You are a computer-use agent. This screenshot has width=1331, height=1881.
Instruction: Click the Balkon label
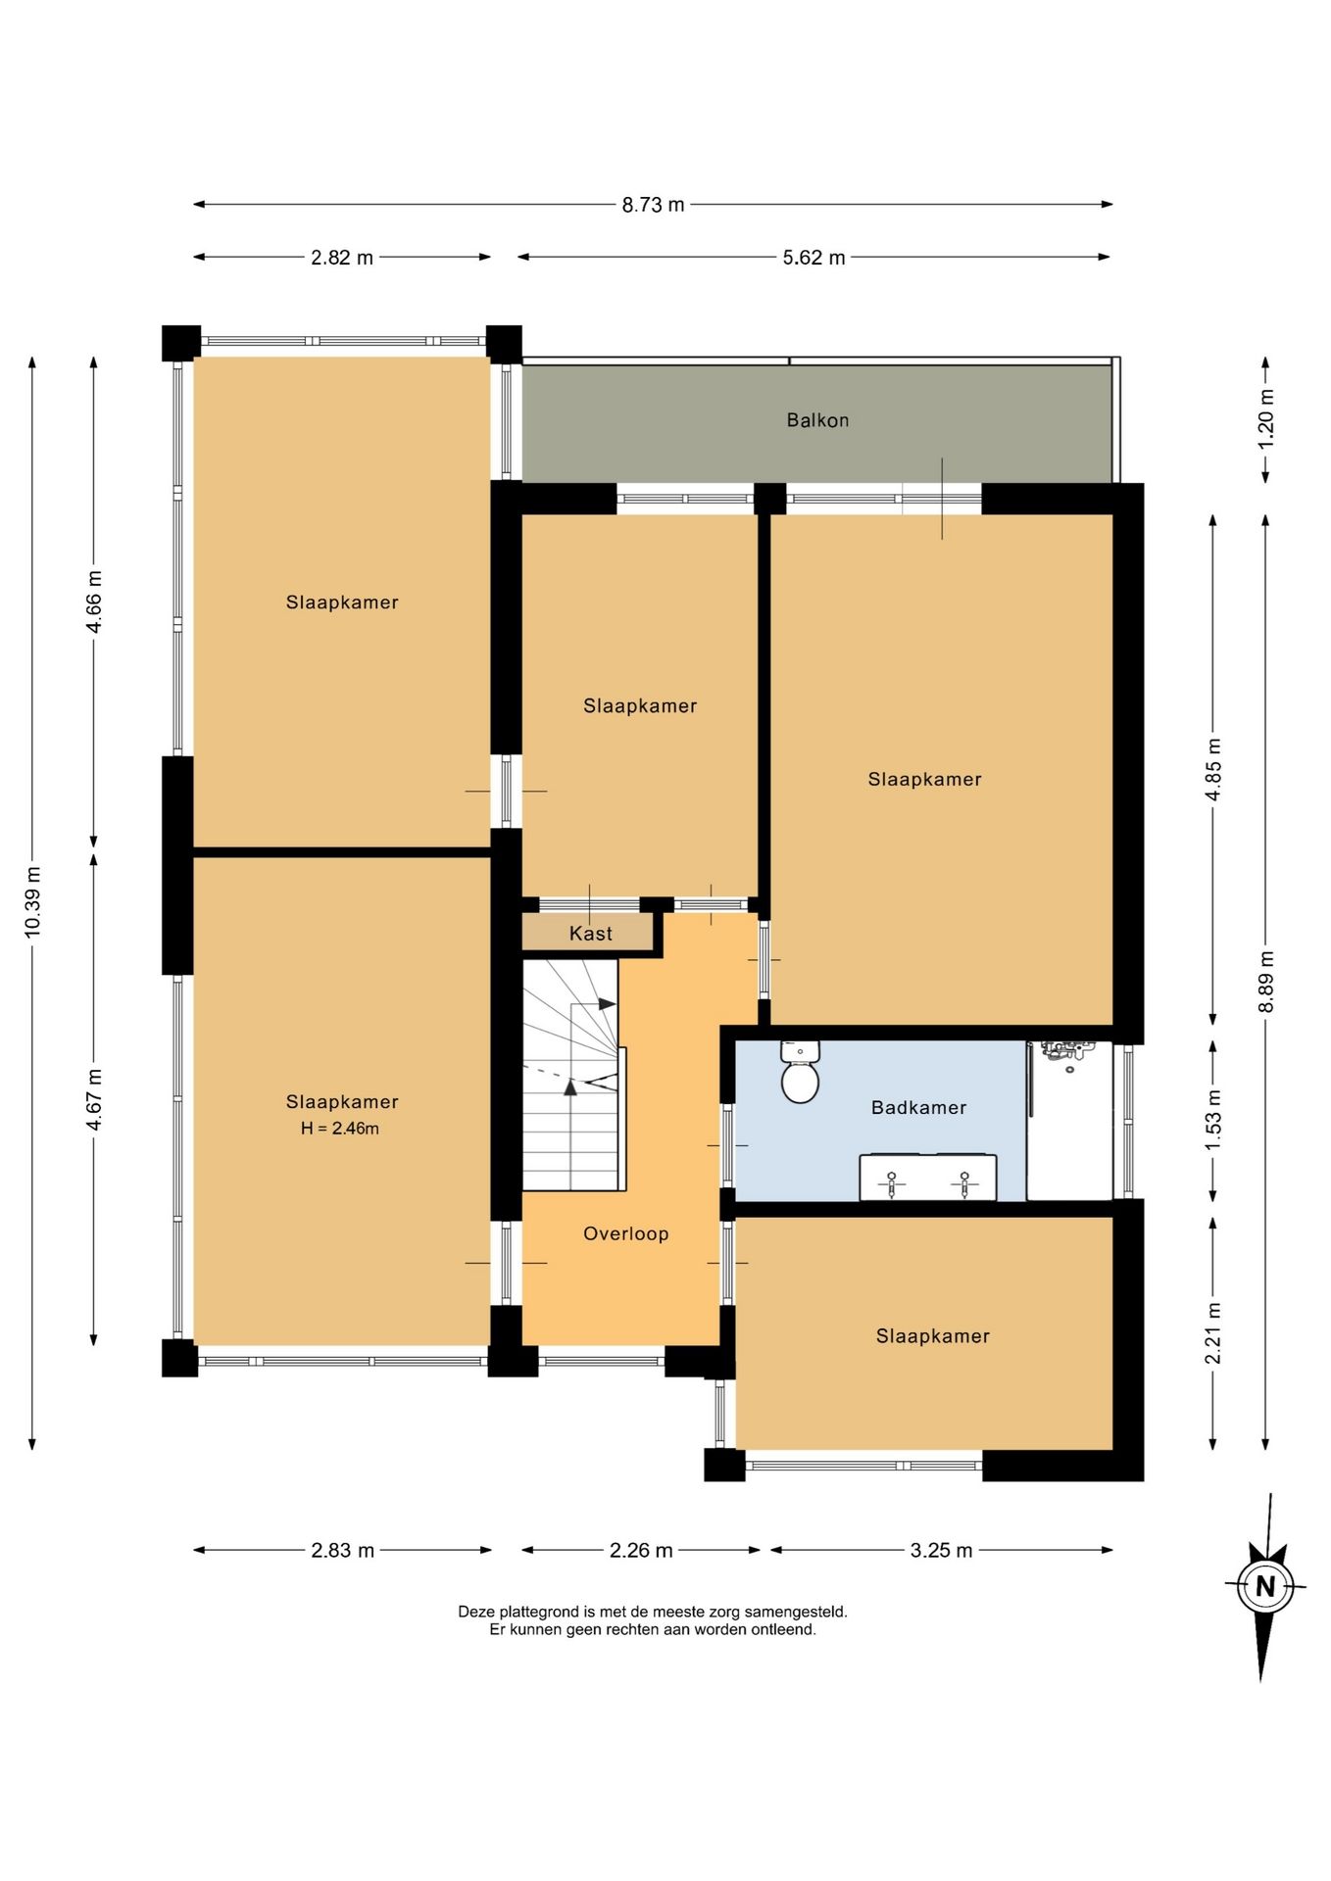tap(817, 420)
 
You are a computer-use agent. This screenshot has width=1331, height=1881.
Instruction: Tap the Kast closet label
tap(591, 934)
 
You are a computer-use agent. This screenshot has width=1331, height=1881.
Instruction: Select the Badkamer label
tap(918, 1107)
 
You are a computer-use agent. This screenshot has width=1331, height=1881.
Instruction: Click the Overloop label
tap(626, 1233)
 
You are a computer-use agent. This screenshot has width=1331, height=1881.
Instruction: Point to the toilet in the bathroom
tap(800, 1072)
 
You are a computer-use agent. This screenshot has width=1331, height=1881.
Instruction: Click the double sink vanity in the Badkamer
tap(928, 1178)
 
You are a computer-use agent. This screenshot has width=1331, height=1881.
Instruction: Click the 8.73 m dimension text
tap(653, 205)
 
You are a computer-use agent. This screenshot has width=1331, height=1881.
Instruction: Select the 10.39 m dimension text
tap(32, 901)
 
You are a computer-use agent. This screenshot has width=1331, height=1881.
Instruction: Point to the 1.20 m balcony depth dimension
tap(1265, 418)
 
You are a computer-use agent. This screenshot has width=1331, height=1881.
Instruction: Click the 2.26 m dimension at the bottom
tap(641, 1550)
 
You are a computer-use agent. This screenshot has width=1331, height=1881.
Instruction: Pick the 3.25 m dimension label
tap(941, 1550)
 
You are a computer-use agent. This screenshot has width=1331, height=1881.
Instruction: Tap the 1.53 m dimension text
tap(1213, 1120)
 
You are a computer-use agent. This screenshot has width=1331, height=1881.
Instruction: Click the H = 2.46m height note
tap(340, 1129)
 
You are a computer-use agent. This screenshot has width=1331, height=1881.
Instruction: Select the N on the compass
tap(1265, 1586)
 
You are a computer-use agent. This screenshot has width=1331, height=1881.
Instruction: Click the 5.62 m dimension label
tap(813, 258)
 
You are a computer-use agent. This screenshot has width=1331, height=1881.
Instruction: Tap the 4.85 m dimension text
tap(1213, 769)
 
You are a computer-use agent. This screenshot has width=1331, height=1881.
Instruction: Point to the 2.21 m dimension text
tap(1213, 1332)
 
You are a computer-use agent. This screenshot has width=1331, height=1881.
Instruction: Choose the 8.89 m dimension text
tap(1265, 982)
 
